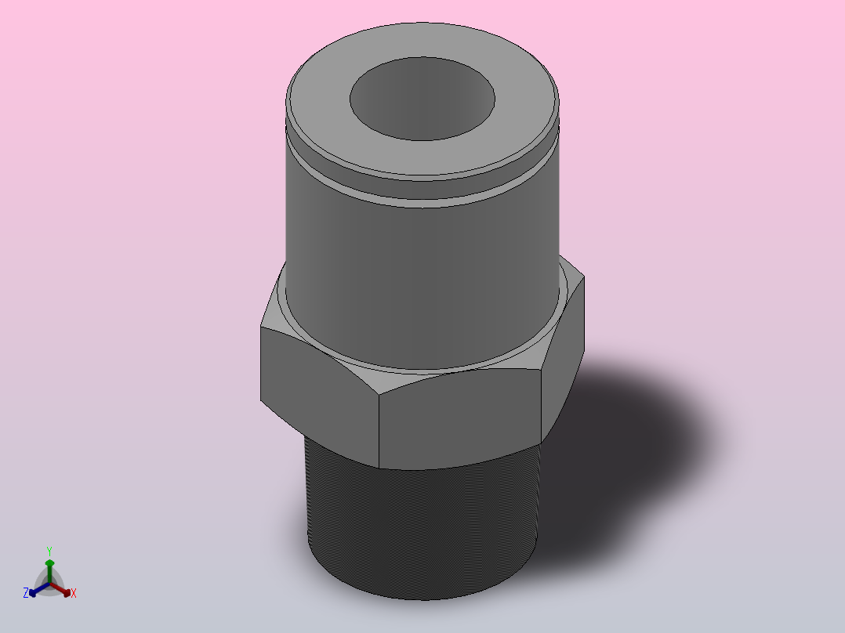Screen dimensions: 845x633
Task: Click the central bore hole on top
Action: tap(422, 99)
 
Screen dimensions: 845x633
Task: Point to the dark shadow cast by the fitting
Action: tap(630, 458)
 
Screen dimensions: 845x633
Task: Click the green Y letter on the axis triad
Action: tap(49, 552)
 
